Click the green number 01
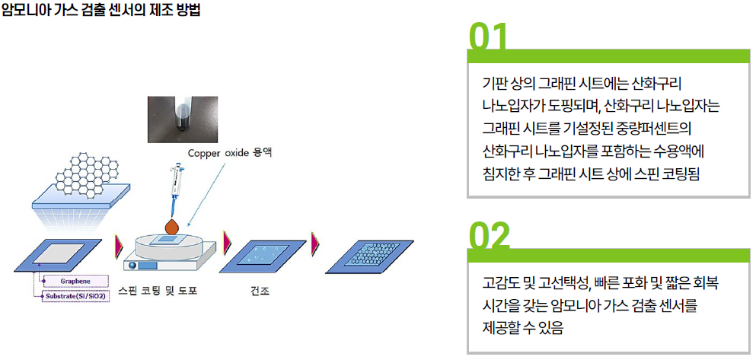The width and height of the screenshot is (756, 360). (488, 37)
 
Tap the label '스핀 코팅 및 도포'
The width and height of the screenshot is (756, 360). (158, 292)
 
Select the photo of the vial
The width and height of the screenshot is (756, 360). (182, 119)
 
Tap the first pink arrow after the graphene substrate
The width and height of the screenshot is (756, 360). (118, 247)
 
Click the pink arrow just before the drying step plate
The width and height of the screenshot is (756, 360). (228, 243)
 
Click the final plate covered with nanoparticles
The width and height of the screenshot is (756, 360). (369, 256)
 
